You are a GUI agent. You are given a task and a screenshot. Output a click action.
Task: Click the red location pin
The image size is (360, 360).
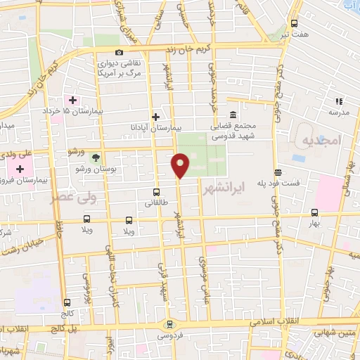pyautogui.click(x=181, y=166)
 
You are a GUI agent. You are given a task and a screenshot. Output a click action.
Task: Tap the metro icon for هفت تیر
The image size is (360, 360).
pyautogui.click(x=295, y=22)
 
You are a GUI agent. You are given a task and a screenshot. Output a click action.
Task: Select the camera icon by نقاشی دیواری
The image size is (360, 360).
pyautogui.click(x=119, y=53)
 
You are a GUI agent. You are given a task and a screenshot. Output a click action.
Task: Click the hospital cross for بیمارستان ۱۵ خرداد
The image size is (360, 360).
pyautogui.click(x=72, y=100)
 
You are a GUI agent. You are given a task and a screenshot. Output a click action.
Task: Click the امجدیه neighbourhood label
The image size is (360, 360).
pyautogui.click(x=321, y=141)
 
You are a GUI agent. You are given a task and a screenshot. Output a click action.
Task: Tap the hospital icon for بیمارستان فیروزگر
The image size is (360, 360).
pyautogui.click(x=20, y=169)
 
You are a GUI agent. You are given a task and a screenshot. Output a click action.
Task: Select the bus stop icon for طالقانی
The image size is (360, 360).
pyautogui.click(x=156, y=191)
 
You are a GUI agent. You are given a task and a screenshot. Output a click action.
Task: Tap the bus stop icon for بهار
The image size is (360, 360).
pyautogui.click(x=314, y=212)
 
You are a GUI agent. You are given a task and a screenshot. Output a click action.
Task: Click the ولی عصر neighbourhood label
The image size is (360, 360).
pyautogui.click(x=70, y=197)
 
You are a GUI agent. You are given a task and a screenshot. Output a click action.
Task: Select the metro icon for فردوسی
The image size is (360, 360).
pyautogui.click(x=169, y=324)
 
